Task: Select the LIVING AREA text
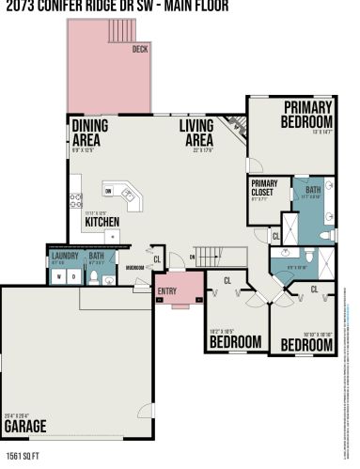(x=200, y=133)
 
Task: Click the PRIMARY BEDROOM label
(x=307, y=114)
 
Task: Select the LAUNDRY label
(x=64, y=255)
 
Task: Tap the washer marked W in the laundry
(x=59, y=277)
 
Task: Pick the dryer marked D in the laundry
(x=73, y=277)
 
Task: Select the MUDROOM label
(x=134, y=266)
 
